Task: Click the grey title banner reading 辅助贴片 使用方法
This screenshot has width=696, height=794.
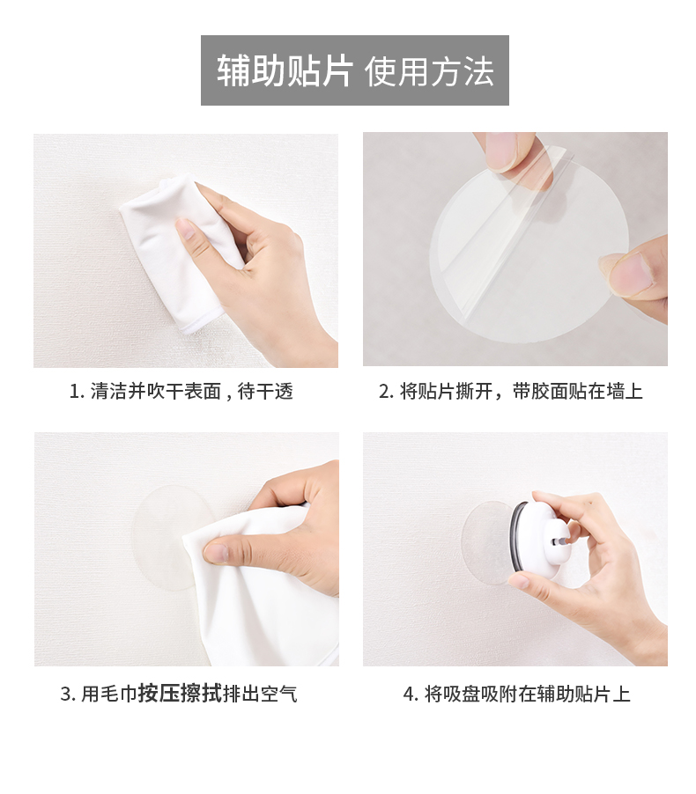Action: [354, 70]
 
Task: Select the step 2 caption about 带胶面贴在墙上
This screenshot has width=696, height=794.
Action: [577, 392]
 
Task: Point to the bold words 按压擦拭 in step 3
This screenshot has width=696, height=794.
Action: [180, 694]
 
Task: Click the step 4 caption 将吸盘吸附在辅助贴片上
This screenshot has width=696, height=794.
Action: [527, 694]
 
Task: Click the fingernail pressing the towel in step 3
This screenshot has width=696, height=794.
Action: [216, 553]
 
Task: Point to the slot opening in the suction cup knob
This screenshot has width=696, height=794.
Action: [559, 542]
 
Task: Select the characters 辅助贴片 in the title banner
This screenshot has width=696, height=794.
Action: [285, 71]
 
